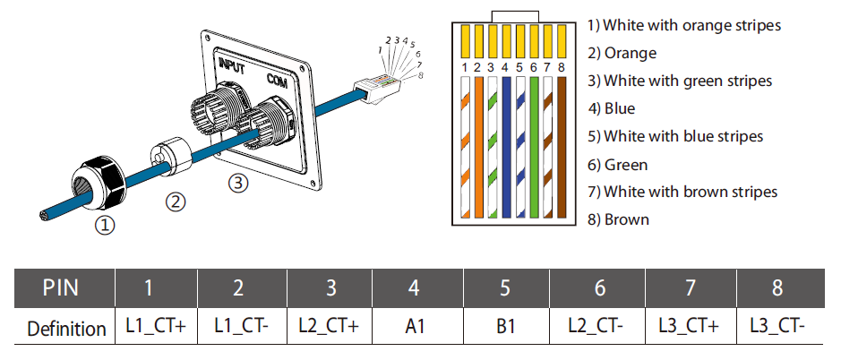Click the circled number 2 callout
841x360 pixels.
(175, 202)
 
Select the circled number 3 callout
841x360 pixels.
(238, 184)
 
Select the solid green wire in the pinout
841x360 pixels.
(534, 147)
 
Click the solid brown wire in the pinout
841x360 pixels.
(562, 147)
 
